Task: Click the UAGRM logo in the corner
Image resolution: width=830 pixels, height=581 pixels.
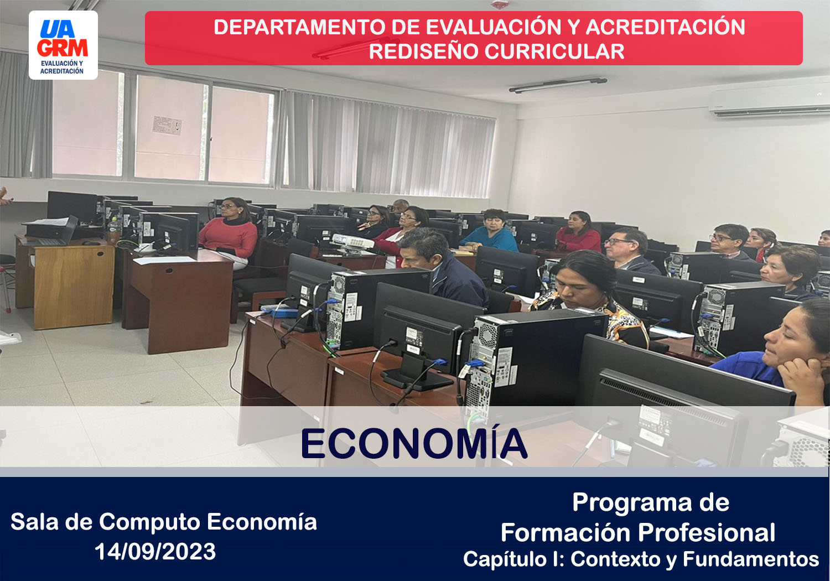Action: (x=64, y=45)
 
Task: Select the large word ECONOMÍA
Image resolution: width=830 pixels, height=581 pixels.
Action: (x=414, y=444)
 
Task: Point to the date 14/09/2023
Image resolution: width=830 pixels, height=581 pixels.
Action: (x=155, y=551)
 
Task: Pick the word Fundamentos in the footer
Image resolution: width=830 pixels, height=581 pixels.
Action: (x=751, y=559)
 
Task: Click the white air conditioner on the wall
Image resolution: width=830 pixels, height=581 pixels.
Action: (x=770, y=100)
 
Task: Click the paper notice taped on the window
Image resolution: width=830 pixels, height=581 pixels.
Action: (x=167, y=125)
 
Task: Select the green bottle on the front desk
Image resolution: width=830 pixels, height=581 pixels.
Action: (x=114, y=230)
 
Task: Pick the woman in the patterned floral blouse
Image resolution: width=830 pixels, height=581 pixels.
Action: (x=589, y=298)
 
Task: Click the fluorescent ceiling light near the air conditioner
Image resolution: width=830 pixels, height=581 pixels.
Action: (x=558, y=85)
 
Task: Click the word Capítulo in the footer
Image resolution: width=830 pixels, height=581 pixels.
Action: (x=505, y=559)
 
